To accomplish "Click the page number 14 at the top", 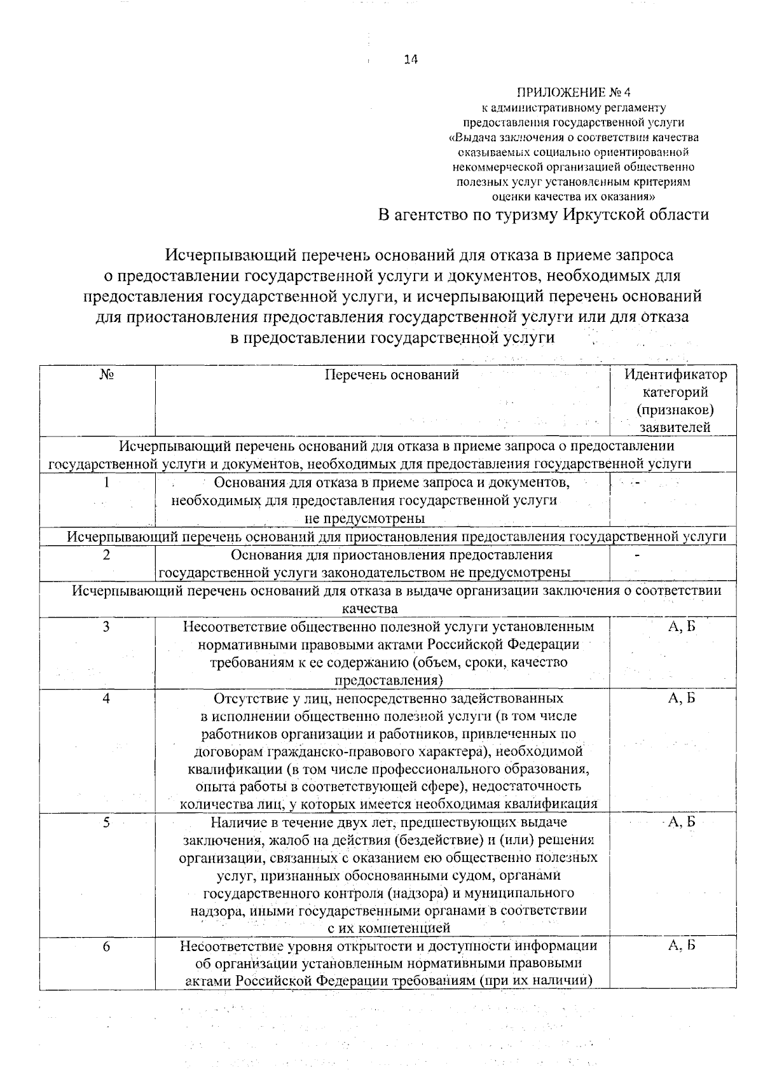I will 411,60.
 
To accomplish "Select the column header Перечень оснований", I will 392,375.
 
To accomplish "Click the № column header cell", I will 106,375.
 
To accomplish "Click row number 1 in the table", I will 106,483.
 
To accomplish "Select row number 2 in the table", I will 106,555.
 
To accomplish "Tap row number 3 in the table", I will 106,627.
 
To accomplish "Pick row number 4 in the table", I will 106,698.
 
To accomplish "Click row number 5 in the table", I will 106,823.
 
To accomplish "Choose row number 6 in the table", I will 106,947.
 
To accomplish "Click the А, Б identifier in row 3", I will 682,627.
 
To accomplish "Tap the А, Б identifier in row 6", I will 682,946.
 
